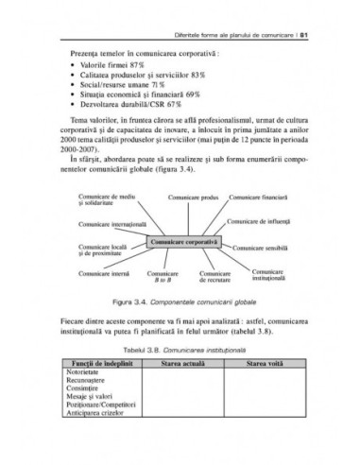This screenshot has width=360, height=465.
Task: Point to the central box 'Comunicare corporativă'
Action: point(183,242)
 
